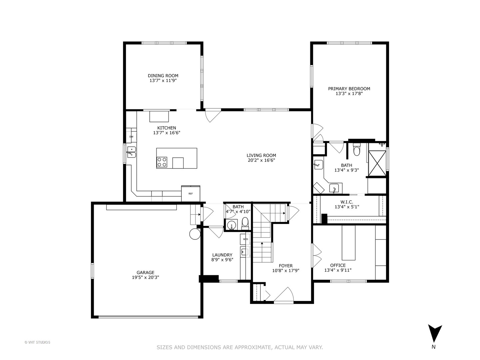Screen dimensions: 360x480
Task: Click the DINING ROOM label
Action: pos(163,76)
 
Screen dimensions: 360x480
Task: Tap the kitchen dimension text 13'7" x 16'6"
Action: pos(167,133)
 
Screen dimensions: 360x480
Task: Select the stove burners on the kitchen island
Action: pos(162,162)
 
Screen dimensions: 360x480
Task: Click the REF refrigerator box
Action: pos(191,193)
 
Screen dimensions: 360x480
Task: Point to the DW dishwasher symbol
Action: pos(131,137)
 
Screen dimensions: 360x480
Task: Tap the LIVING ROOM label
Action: pos(261,155)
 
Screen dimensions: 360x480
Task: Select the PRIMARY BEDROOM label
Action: pos(349,89)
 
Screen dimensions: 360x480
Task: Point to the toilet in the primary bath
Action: pos(357,150)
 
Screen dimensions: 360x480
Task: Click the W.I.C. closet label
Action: pos(347,202)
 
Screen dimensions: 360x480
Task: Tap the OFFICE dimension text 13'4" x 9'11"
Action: pos(338,270)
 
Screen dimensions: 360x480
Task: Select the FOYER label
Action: pos(286,266)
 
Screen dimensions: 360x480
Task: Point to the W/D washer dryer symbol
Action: pos(245,239)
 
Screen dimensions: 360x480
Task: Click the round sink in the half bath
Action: pos(231,226)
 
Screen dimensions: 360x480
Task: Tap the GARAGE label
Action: pos(145,272)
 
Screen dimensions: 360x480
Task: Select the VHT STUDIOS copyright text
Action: pos(37,342)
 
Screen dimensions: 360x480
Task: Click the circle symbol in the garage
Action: pos(194,234)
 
